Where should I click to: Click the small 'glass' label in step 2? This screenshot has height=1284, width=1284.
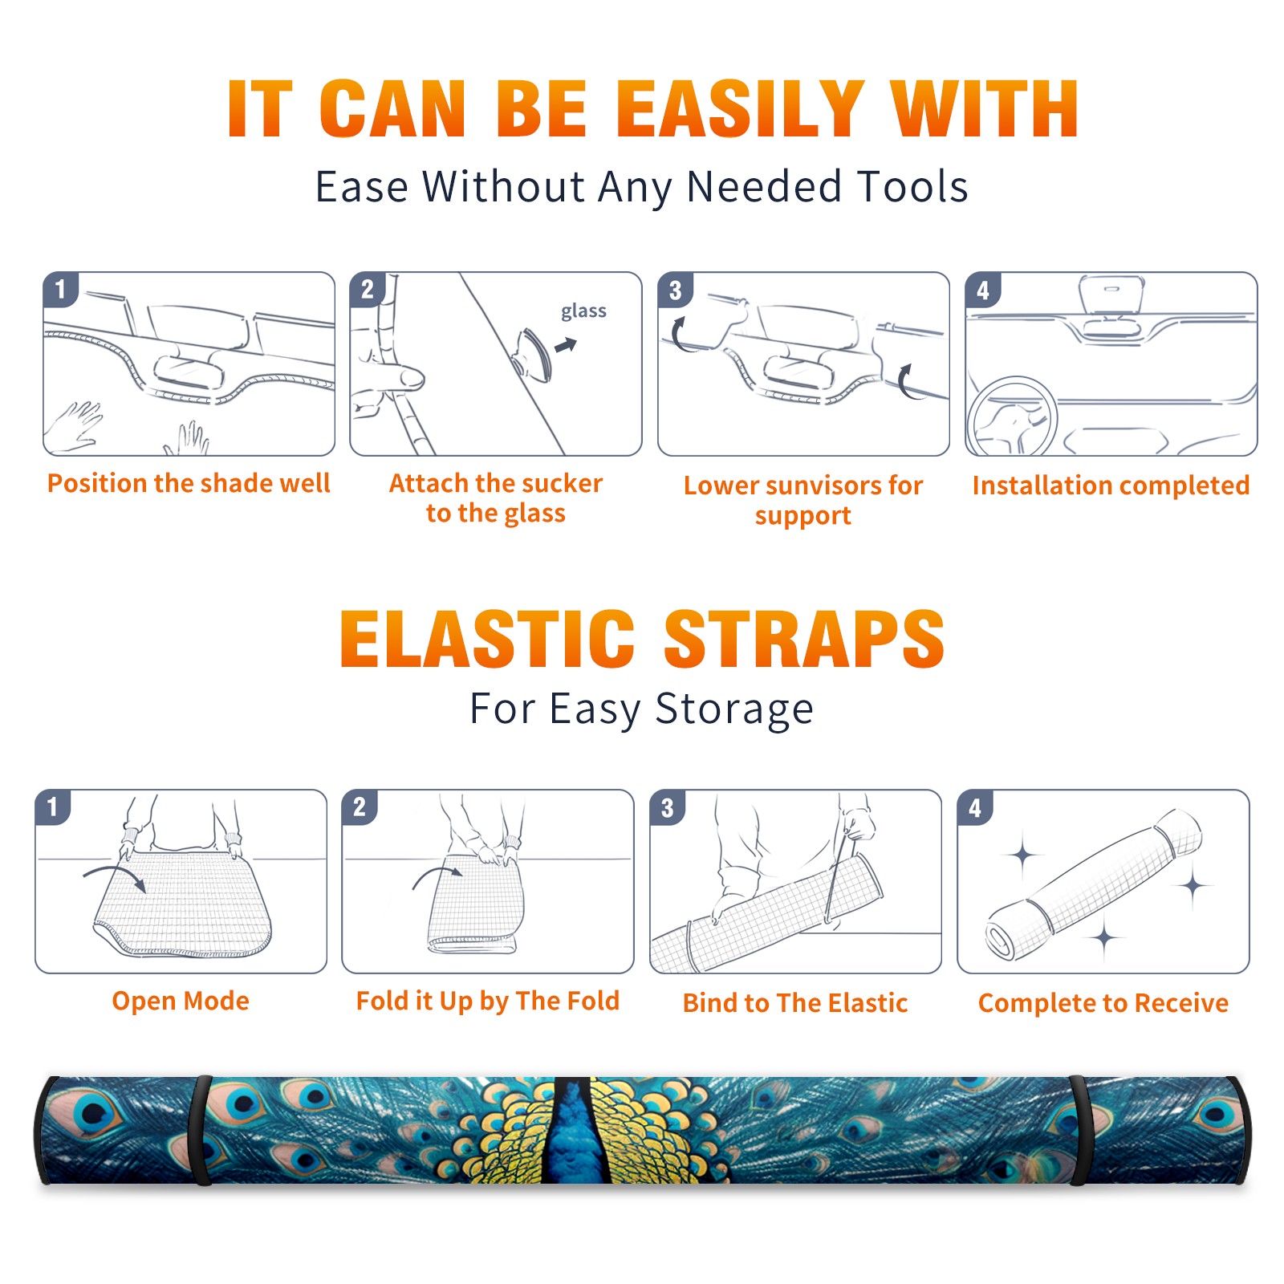583,311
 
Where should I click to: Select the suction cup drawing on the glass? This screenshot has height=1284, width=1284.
533,354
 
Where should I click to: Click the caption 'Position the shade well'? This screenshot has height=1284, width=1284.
189,483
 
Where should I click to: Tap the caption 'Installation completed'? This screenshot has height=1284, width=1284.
1111,486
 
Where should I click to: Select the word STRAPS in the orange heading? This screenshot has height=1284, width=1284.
804,639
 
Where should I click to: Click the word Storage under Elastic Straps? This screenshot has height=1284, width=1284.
734,709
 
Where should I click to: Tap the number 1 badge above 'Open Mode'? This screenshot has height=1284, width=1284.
53,807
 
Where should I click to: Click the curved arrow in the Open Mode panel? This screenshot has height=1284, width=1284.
115,876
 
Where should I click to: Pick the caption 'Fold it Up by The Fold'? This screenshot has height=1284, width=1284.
488,1002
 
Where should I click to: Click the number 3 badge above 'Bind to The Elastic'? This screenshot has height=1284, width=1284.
667,807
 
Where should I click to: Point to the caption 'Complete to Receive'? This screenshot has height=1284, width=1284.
1103,1003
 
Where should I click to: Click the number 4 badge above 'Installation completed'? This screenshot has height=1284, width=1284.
983,290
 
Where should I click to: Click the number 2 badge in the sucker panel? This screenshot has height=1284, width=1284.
368,290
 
